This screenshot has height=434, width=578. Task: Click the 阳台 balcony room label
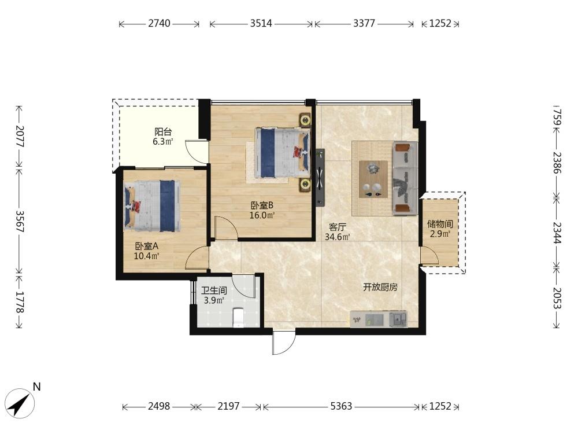point(163,132)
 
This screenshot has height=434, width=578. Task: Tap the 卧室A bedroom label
point(147,246)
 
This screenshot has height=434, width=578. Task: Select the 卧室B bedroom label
point(262,205)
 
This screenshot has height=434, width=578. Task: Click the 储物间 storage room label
point(440,223)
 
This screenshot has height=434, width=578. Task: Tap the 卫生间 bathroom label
point(214,290)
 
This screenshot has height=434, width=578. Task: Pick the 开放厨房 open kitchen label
point(380,287)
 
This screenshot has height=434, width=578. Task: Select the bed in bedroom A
point(153,205)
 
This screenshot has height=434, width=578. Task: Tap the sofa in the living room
point(405,178)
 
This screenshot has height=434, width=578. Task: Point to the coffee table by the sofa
point(373,179)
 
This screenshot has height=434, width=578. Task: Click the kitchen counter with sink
point(379,319)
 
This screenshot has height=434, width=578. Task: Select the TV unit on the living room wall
point(320,178)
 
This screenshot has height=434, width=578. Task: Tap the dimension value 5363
point(342,406)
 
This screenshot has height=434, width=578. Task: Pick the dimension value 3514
point(261,23)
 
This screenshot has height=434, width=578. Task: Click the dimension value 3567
point(19,222)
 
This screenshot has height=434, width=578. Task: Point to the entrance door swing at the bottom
point(283,343)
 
